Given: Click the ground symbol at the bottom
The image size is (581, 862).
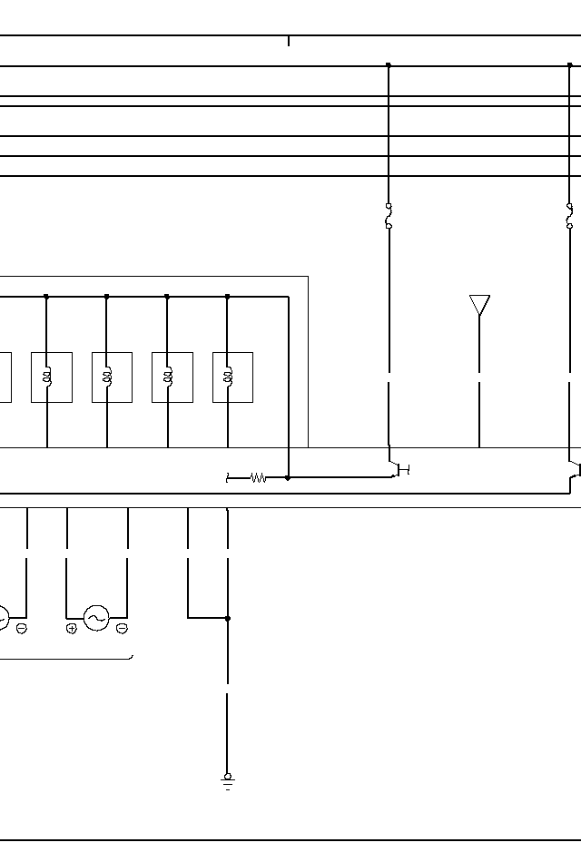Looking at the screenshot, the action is pos(227,781).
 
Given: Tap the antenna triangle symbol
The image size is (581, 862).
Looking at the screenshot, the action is pos(479,305).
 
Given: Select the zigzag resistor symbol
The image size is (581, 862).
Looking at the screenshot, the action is pos(259,477).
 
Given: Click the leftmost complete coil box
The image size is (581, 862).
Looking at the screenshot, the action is pos(52,377).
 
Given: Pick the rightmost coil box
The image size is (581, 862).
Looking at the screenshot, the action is pos(232,377).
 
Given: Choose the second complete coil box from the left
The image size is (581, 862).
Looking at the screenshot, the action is pos(112,377).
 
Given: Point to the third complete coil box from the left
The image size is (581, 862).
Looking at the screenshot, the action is pos(172,377).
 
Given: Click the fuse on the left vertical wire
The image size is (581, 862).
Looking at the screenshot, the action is pos(389,216).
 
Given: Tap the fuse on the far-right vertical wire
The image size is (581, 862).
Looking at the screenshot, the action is pos(569,216).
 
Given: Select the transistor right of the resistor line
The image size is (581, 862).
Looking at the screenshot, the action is pos(399,469).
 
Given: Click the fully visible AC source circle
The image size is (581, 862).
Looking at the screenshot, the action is pos(96,618).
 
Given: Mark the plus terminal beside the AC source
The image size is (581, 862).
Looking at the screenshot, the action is pos(72,629).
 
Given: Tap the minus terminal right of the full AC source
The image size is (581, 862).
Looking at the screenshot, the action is pos(122,629).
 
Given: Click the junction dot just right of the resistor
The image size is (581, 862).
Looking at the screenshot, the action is pos(288,477).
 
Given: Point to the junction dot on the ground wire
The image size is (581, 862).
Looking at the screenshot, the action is pos(227,618).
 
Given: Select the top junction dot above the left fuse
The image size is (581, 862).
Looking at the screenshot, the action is pos(389,65).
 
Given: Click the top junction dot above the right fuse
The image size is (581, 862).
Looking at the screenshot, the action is pos(569,65).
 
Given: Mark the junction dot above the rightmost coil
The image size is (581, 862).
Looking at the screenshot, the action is pos(227,296).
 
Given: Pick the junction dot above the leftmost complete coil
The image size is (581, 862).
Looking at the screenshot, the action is pos(46,296).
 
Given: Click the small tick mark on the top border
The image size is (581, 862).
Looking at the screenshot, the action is pos(289,41).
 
